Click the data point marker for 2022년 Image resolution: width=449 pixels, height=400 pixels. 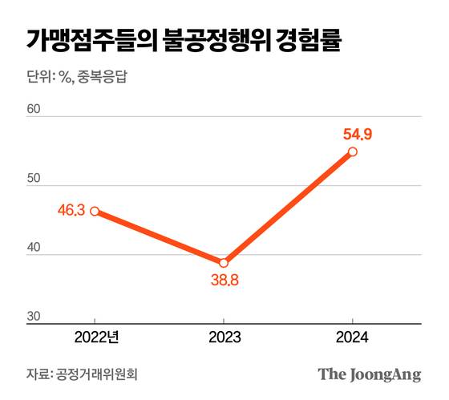pyautogui.click(x=95, y=212)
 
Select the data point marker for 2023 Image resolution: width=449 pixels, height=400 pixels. pyautogui.click(x=224, y=263)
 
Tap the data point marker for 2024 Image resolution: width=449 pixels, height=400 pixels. pyautogui.click(x=353, y=152)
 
